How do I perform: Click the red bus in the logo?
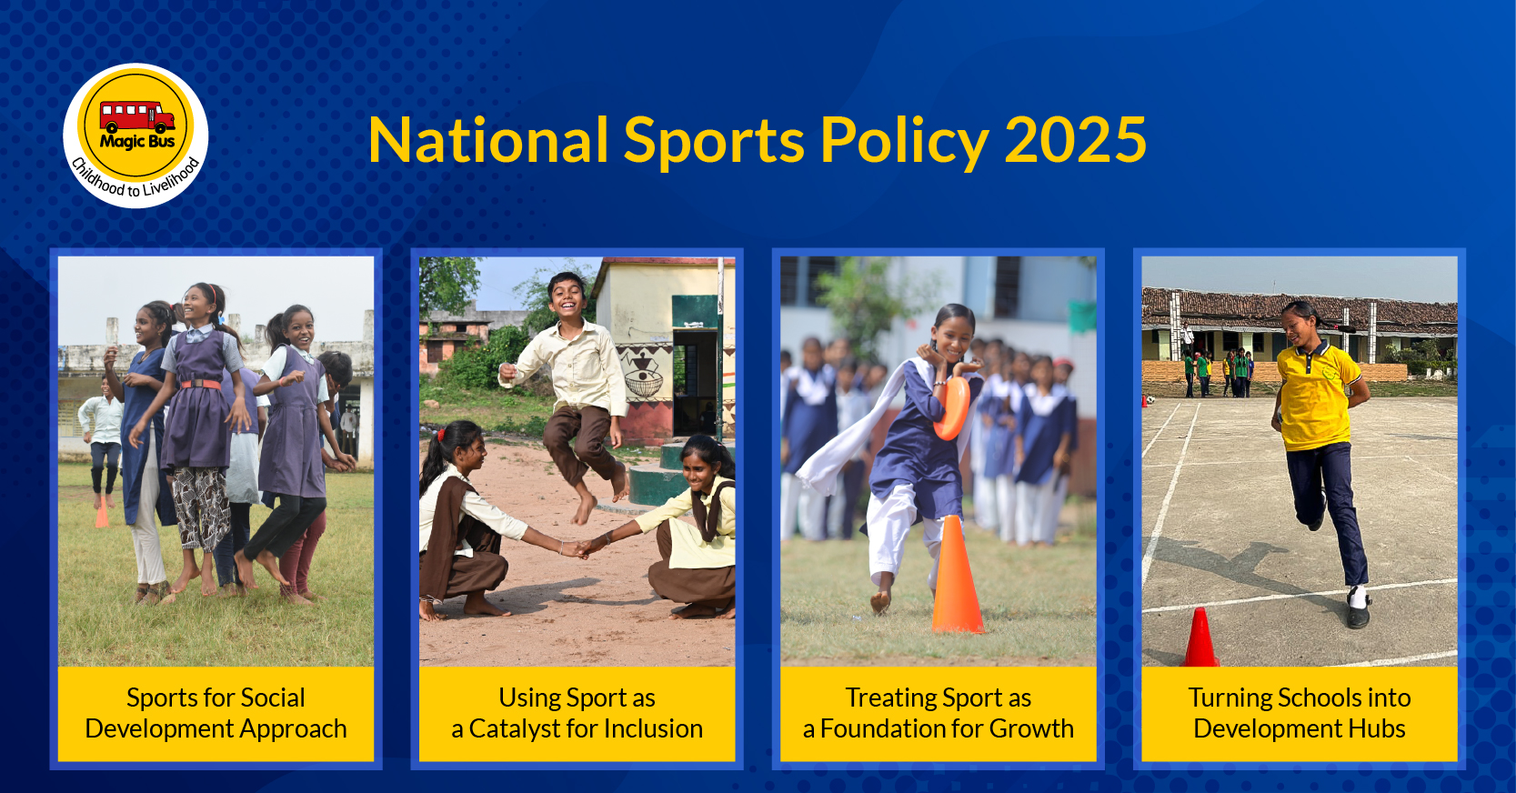pos(137,116)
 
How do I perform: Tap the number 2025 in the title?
pos(1076,140)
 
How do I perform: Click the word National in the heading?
pos(488,140)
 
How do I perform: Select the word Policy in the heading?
pos(905,142)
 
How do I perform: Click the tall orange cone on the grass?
pos(957,575)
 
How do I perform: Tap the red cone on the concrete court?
pos(1200,637)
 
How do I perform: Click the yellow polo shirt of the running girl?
pos(1316,396)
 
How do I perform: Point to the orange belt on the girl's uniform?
pos(200,385)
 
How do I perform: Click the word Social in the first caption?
pos(271,698)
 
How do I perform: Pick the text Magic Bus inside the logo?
pos(137,142)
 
